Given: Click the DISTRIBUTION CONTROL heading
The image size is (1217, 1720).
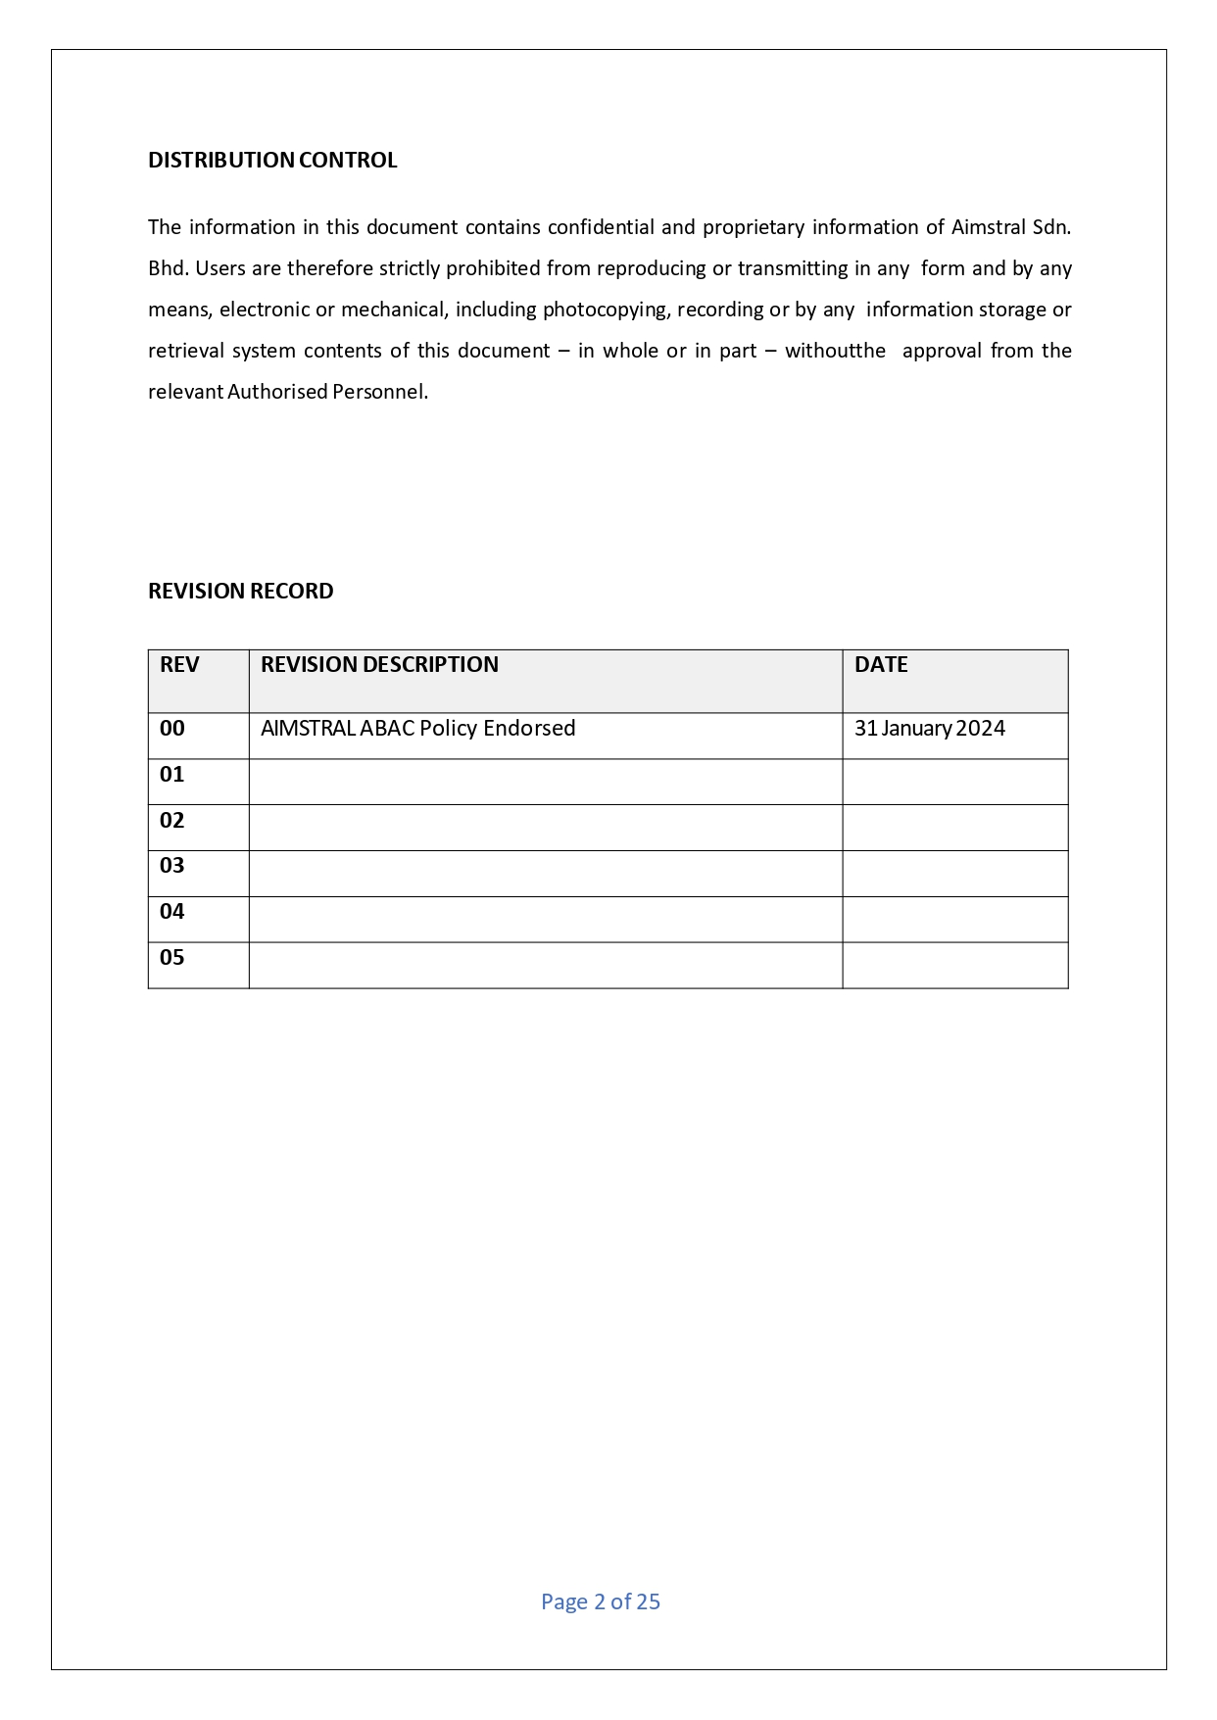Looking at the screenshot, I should click(272, 161).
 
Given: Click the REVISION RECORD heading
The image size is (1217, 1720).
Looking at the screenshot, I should click(241, 592).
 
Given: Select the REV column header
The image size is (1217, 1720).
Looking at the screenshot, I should click(179, 665).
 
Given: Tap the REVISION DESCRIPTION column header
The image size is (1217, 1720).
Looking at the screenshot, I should click(379, 665).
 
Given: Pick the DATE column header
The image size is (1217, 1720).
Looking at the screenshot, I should click(881, 665).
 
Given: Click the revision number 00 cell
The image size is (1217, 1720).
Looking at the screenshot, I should click(172, 729).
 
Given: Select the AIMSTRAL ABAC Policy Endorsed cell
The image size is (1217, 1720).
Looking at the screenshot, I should click(418, 729).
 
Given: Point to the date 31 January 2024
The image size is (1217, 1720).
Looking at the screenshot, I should click(930, 729).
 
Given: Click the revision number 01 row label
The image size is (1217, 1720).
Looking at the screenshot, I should click(172, 775).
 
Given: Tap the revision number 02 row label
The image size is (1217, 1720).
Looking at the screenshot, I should click(172, 821).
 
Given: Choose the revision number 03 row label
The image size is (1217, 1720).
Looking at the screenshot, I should click(172, 866).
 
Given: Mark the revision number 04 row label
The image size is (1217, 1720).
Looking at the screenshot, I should click(172, 912).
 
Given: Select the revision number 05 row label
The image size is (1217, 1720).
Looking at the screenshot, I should click(172, 958).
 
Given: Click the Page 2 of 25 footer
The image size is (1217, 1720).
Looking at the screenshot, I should click(601, 1602).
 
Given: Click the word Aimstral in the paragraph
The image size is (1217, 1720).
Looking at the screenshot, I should click(988, 228).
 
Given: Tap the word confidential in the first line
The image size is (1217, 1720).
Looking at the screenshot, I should click(601, 228).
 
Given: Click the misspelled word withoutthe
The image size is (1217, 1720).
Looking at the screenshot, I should click(835, 352).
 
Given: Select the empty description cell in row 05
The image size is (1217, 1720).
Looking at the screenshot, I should click(545, 965).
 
